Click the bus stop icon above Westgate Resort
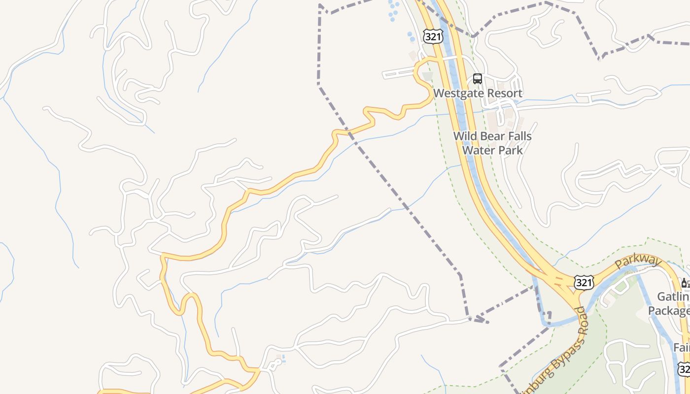[477, 79]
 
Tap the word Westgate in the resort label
[456, 93]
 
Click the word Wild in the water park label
[465, 136]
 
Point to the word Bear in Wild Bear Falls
[490, 136]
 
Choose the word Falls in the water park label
[518, 136]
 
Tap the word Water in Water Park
[478, 150]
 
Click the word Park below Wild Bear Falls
[509, 150]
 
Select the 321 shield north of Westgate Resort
[433, 35]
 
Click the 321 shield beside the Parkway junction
[584, 282]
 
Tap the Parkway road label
[637, 262]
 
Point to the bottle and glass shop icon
[685, 283]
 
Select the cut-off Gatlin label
[674, 297]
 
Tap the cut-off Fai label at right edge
[682, 348]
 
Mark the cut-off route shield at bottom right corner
[684, 368]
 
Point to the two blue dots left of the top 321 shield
[411, 36]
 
